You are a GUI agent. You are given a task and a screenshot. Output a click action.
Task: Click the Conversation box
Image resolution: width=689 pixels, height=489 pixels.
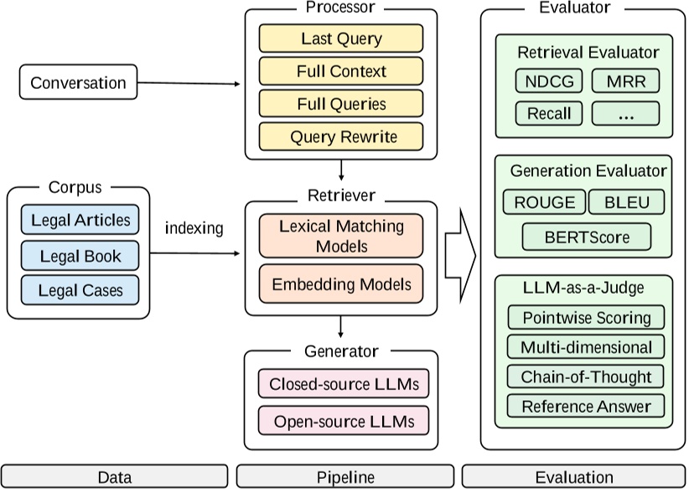click(x=78, y=82)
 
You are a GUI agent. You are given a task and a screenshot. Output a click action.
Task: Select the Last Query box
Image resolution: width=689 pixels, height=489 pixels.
click(x=341, y=39)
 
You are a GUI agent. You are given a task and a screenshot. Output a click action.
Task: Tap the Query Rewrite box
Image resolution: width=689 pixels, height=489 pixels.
click(x=341, y=137)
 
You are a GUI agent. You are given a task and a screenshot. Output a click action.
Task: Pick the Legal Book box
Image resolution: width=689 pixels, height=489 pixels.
click(x=80, y=256)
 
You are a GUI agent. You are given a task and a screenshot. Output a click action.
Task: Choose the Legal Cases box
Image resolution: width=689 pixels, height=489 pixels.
click(x=80, y=291)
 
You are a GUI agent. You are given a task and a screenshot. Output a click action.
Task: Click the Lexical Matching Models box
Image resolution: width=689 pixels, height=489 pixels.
click(x=341, y=235)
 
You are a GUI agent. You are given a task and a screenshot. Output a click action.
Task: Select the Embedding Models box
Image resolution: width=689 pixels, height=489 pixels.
click(x=341, y=284)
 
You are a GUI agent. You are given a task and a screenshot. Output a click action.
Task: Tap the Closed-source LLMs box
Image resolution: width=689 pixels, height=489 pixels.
click(x=341, y=385)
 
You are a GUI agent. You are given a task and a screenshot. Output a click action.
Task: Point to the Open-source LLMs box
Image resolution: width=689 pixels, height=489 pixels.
click(x=341, y=421)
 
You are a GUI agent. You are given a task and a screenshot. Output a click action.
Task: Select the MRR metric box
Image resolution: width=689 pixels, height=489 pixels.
click(x=625, y=81)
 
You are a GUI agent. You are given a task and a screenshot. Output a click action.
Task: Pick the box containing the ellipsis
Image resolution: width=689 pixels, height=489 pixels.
click(x=625, y=113)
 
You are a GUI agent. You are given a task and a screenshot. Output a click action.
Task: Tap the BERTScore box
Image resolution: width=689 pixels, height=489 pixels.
click(x=587, y=237)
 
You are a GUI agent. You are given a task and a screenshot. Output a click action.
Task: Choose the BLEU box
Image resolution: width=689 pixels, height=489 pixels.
click(x=625, y=202)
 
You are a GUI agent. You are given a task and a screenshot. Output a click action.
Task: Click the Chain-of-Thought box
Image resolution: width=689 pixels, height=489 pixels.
click(x=586, y=377)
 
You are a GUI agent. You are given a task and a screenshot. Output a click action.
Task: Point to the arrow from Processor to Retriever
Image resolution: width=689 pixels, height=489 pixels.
click(x=341, y=170)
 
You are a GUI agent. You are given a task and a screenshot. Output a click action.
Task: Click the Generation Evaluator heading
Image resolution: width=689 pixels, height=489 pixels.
click(x=588, y=171)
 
